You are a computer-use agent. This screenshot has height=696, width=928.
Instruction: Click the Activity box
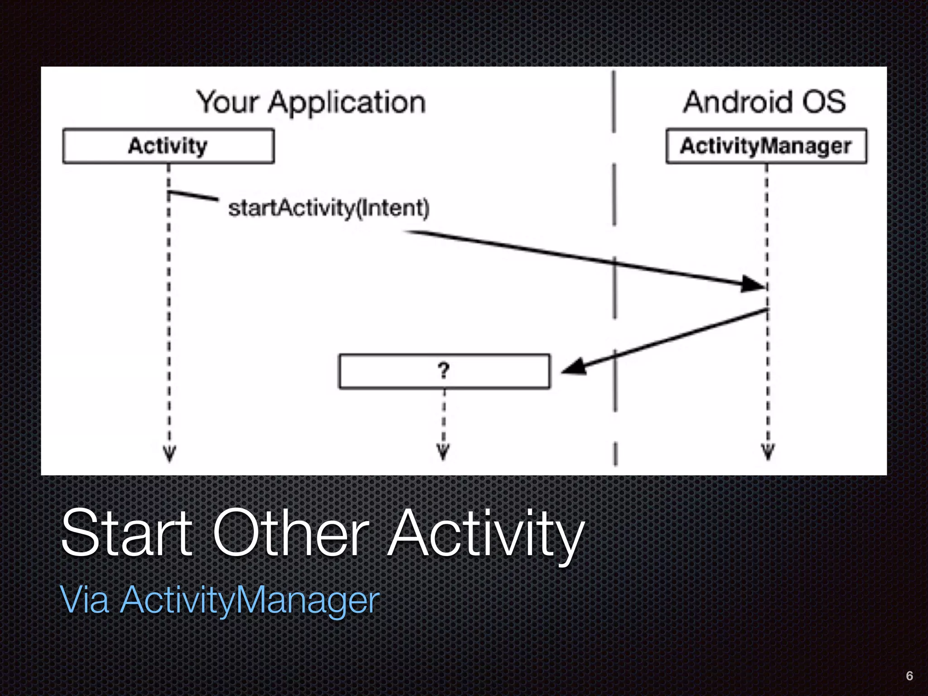point(168,146)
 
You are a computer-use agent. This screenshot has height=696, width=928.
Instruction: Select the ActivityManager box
point(766,146)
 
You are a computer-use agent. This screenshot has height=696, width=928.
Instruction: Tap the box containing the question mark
point(444,371)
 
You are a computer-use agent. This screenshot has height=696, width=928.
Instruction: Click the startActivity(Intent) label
point(329,208)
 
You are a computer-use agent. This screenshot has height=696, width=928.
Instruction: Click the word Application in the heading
point(347,103)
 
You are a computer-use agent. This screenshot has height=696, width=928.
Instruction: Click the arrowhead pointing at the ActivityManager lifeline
point(752,284)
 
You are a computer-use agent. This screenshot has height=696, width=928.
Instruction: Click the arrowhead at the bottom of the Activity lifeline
point(169,453)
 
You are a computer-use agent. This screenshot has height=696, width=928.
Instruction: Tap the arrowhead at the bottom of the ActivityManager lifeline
point(768,451)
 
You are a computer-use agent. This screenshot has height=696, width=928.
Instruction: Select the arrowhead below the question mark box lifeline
point(443,451)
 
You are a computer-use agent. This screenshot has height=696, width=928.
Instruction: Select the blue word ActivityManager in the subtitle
point(250,601)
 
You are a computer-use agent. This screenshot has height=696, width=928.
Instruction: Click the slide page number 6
point(909,676)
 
